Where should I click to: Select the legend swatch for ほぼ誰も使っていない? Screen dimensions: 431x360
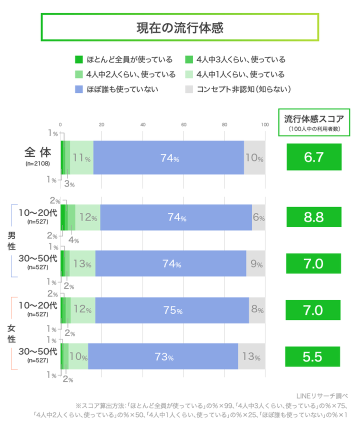[78, 89]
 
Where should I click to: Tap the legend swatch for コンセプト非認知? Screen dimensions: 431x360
[189, 89]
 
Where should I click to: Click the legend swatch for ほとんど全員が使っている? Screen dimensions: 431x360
[78, 59]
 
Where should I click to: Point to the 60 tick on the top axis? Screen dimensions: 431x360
[183, 124]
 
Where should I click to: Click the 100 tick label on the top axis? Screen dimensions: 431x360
[265, 124]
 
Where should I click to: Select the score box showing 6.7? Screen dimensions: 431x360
[313, 157]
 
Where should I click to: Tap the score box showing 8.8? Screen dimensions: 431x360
[313, 217]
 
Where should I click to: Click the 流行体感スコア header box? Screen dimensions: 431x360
[313, 121]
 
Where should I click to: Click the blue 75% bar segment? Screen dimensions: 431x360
[171, 310]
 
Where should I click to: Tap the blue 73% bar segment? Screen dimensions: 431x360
[163, 357]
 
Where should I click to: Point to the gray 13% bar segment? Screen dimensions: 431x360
[251, 357]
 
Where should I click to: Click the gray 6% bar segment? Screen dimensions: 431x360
[258, 217]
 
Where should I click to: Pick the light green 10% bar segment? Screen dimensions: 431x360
[78, 357]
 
